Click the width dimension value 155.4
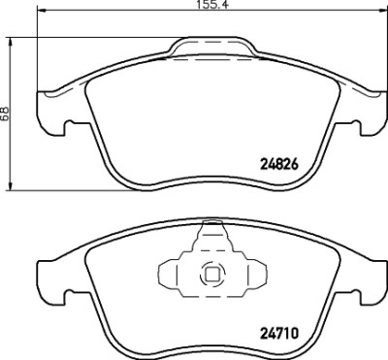[212, 5]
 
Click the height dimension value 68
[5, 114]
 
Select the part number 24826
[278, 165]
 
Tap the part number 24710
[278, 333]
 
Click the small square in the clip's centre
[213, 275]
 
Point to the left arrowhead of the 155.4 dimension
[43, 12]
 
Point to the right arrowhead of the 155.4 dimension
[382, 12]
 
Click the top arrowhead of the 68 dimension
[11, 42]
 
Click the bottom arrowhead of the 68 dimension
[11, 185]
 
